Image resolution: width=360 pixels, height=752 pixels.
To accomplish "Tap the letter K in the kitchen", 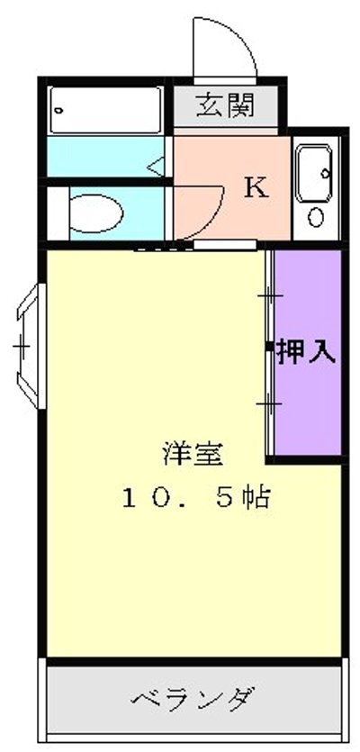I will point(256,188).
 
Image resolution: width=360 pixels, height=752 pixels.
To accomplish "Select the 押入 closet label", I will point(306,351).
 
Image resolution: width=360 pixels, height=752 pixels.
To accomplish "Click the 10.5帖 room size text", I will point(197,497).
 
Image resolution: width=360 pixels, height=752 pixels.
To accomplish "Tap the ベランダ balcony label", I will point(193,698).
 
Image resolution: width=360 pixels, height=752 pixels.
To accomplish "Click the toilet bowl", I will point(94,213).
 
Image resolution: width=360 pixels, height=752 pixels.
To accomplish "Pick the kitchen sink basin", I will point(315,168).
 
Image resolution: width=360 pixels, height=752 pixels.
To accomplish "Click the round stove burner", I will point(316,217).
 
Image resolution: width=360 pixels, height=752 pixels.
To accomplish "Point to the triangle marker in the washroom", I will point(156,165).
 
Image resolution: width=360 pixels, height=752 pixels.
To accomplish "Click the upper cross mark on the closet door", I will point(269,296).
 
